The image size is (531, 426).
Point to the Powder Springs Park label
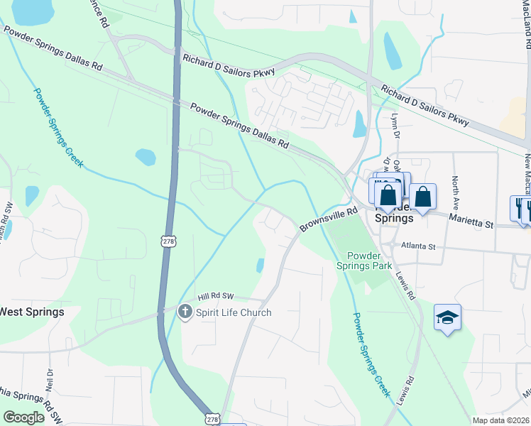tap(369, 261)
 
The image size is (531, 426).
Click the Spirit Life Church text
tap(234, 312)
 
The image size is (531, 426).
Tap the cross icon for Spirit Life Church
tap(185, 312)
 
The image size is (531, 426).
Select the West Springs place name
tap(31, 312)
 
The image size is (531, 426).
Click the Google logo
tap(24, 417)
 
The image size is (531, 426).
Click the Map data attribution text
tap(500, 420)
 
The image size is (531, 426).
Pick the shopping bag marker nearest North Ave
tap(422, 197)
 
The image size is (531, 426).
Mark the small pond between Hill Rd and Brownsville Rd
tap(261, 265)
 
